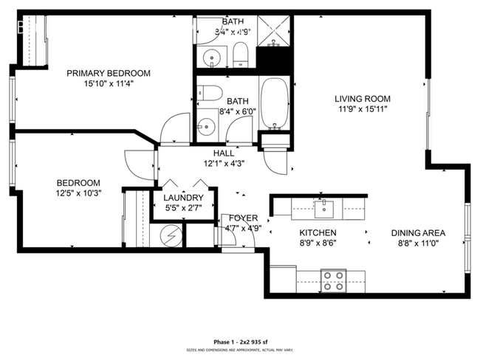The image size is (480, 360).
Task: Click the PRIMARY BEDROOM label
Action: point(109,73)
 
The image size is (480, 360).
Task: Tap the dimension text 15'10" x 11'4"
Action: point(109,83)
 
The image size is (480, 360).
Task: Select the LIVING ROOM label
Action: point(362,99)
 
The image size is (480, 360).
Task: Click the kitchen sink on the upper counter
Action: point(324,208)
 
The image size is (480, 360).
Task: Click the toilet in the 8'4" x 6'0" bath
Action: point(210,94)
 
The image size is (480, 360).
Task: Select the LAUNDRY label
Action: point(184,198)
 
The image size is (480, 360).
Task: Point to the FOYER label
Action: point(242,218)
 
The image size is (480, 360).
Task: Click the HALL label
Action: point(224,153)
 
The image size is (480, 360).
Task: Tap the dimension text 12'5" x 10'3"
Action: point(78,193)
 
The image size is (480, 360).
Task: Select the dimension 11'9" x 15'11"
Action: point(362,109)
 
